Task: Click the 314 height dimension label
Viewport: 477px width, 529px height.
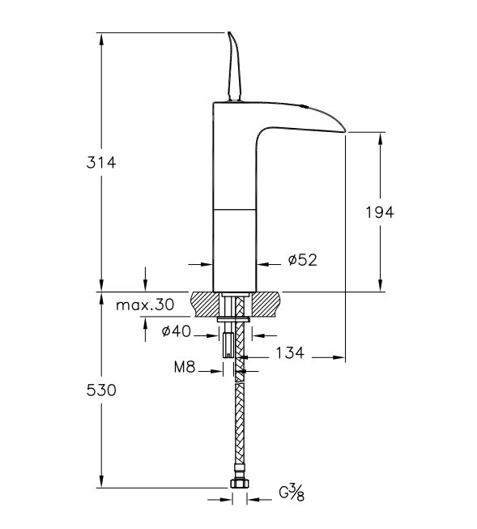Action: [101, 162]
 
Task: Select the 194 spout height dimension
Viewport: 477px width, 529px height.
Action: [380, 212]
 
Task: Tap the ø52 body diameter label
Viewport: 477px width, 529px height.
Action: [301, 260]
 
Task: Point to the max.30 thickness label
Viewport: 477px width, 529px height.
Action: [145, 305]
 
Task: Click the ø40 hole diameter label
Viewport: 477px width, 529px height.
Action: [176, 331]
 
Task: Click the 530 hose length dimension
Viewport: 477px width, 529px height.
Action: [101, 390]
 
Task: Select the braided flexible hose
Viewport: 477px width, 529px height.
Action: [238, 421]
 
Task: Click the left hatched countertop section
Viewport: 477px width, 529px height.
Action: [206, 305]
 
